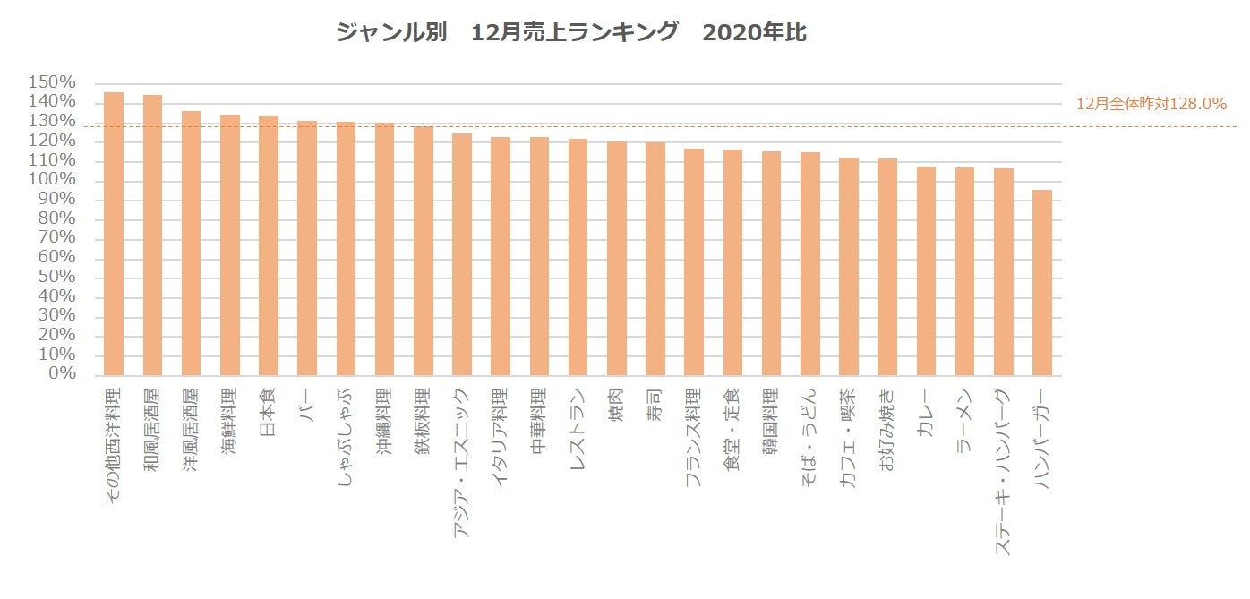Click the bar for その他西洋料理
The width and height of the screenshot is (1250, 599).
coord(114,234)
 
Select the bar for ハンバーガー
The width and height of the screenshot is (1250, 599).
coord(1042,282)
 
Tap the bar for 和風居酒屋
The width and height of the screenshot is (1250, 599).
coord(152,235)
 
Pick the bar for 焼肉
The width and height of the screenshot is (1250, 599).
coord(617,258)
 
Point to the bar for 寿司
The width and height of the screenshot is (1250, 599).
coord(655,259)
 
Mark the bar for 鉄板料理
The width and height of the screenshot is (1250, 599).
coord(424,251)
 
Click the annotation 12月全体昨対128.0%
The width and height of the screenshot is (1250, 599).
coord(1151,104)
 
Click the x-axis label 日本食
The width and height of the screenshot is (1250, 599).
coord(268,412)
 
